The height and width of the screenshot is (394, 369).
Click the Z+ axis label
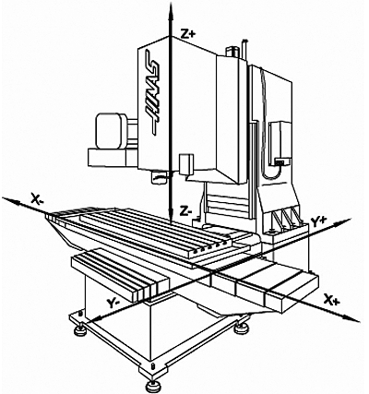point(188,34)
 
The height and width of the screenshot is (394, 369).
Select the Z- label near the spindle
point(185,211)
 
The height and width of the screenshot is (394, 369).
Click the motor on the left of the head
point(110,129)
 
